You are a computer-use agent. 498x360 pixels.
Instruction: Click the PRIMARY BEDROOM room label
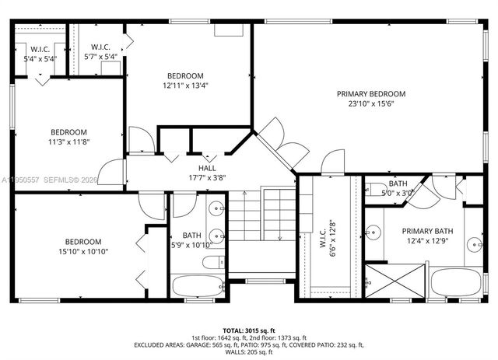point(370,94)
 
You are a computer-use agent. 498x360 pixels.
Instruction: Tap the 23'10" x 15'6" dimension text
point(370,103)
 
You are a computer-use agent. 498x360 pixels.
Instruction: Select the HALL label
point(207,168)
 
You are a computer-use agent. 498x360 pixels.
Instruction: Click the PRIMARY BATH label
point(426,231)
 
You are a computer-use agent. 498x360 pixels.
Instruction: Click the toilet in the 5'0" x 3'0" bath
point(375,189)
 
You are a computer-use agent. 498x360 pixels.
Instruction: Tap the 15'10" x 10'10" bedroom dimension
point(82,251)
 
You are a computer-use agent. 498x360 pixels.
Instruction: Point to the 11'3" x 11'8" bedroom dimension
point(69,142)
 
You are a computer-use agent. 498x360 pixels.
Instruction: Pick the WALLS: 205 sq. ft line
point(249,352)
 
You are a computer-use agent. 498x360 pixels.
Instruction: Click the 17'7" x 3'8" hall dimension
point(207,177)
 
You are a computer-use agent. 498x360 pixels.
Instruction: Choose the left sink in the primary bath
point(373,231)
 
